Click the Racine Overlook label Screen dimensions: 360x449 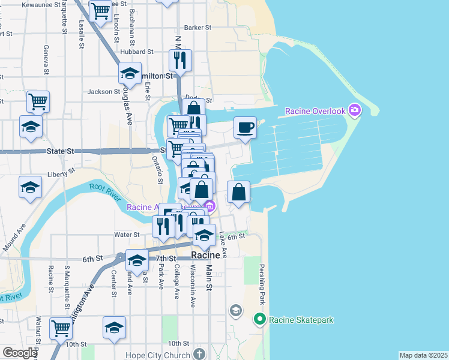point(315,111)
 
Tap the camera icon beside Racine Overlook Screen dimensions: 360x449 point(354,110)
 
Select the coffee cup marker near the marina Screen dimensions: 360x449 point(245,128)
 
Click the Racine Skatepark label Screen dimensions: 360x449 point(301,320)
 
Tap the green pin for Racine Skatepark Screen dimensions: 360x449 point(260,319)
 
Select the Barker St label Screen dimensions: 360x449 point(198,28)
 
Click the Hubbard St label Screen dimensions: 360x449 point(125,52)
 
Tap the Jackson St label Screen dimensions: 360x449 point(100,92)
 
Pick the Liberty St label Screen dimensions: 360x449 point(62,173)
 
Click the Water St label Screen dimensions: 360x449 point(128,235)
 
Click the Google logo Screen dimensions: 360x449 point(20,353)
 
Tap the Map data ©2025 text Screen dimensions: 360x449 point(423,355)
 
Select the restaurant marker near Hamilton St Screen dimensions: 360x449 point(181,60)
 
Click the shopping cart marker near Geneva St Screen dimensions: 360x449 point(38,102)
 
